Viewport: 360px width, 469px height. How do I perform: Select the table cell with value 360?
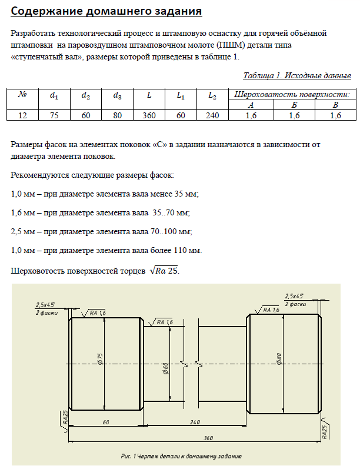[149, 116]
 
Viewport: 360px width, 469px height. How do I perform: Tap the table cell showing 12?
[22, 116]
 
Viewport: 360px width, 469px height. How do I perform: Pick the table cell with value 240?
[212, 116]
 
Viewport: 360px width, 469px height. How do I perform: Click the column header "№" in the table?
[22, 94]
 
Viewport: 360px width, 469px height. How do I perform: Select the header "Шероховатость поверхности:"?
[292, 94]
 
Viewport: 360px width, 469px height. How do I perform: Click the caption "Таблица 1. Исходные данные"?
[296, 75]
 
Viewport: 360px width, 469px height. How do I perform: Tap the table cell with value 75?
[54, 116]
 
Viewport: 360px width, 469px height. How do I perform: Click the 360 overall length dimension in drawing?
[208, 438]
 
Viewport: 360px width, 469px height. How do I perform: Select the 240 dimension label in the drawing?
[195, 422]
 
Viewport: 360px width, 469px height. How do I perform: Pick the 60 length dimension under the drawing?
[106, 422]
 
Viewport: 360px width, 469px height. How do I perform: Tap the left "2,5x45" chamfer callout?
[45, 305]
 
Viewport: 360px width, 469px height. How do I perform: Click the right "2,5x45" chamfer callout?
[294, 296]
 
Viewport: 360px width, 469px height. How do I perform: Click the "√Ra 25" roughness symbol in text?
[164, 271]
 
